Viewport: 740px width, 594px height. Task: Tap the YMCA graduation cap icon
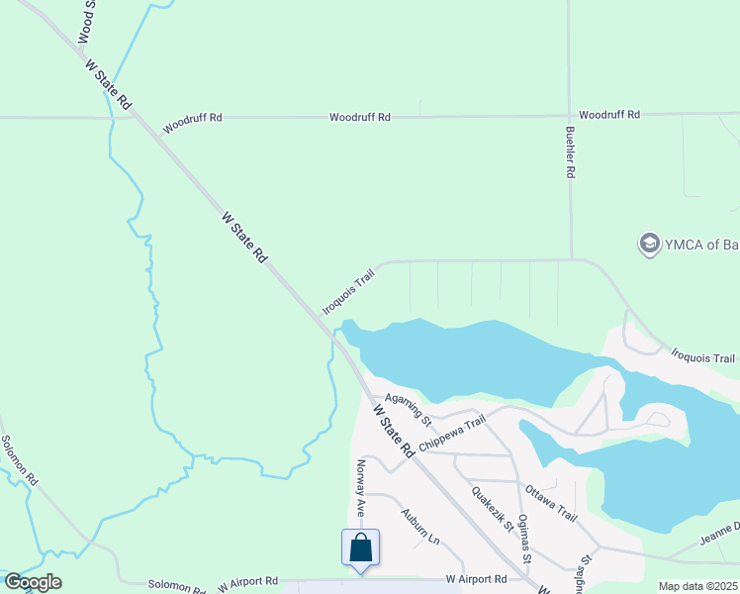(x=649, y=244)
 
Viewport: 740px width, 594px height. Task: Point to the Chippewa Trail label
(x=452, y=435)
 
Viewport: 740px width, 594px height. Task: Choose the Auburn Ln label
(x=419, y=527)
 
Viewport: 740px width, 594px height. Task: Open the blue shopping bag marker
(x=361, y=547)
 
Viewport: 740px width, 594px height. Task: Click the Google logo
(x=33, y=582)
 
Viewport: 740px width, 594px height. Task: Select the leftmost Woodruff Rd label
(x=193, y=118)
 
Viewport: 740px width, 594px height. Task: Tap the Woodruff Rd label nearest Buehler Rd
(x=609, y=115)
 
